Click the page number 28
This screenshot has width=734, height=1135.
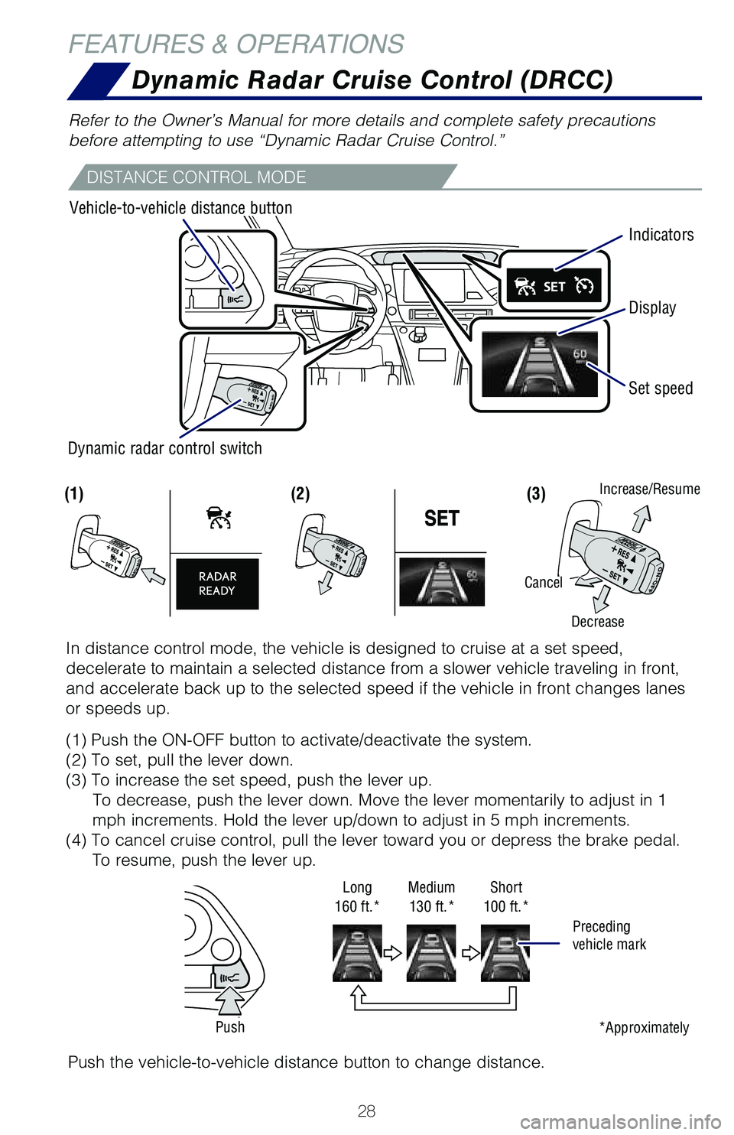coord(366,1111)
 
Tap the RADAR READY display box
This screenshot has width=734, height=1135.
coord(217,584)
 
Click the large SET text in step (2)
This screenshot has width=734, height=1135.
coord(441,519)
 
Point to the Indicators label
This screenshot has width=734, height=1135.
coord(661,235)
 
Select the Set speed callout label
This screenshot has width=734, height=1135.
coord(660,389)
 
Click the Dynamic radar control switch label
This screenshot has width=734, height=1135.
coord(164,448)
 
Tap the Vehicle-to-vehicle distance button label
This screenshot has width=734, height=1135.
coord(180,208)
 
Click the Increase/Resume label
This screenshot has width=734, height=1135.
coord(649,489)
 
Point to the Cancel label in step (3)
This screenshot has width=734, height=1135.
coord(543,583)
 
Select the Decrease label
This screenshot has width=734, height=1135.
coord(597,622)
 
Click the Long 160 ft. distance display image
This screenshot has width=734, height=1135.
coord(357,952)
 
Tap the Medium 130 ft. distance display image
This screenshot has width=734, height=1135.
coord(430,952)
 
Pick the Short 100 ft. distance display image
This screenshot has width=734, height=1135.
coord(505,952)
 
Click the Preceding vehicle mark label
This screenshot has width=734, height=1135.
coord(609,935)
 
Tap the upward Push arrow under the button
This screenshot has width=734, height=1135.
coord(229,1000)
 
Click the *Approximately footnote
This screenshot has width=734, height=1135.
coord(644,1027)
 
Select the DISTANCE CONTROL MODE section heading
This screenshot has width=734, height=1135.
coord(196,177)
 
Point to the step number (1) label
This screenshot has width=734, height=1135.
coord(74,494)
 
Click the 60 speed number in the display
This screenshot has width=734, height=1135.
coord(580,353)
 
